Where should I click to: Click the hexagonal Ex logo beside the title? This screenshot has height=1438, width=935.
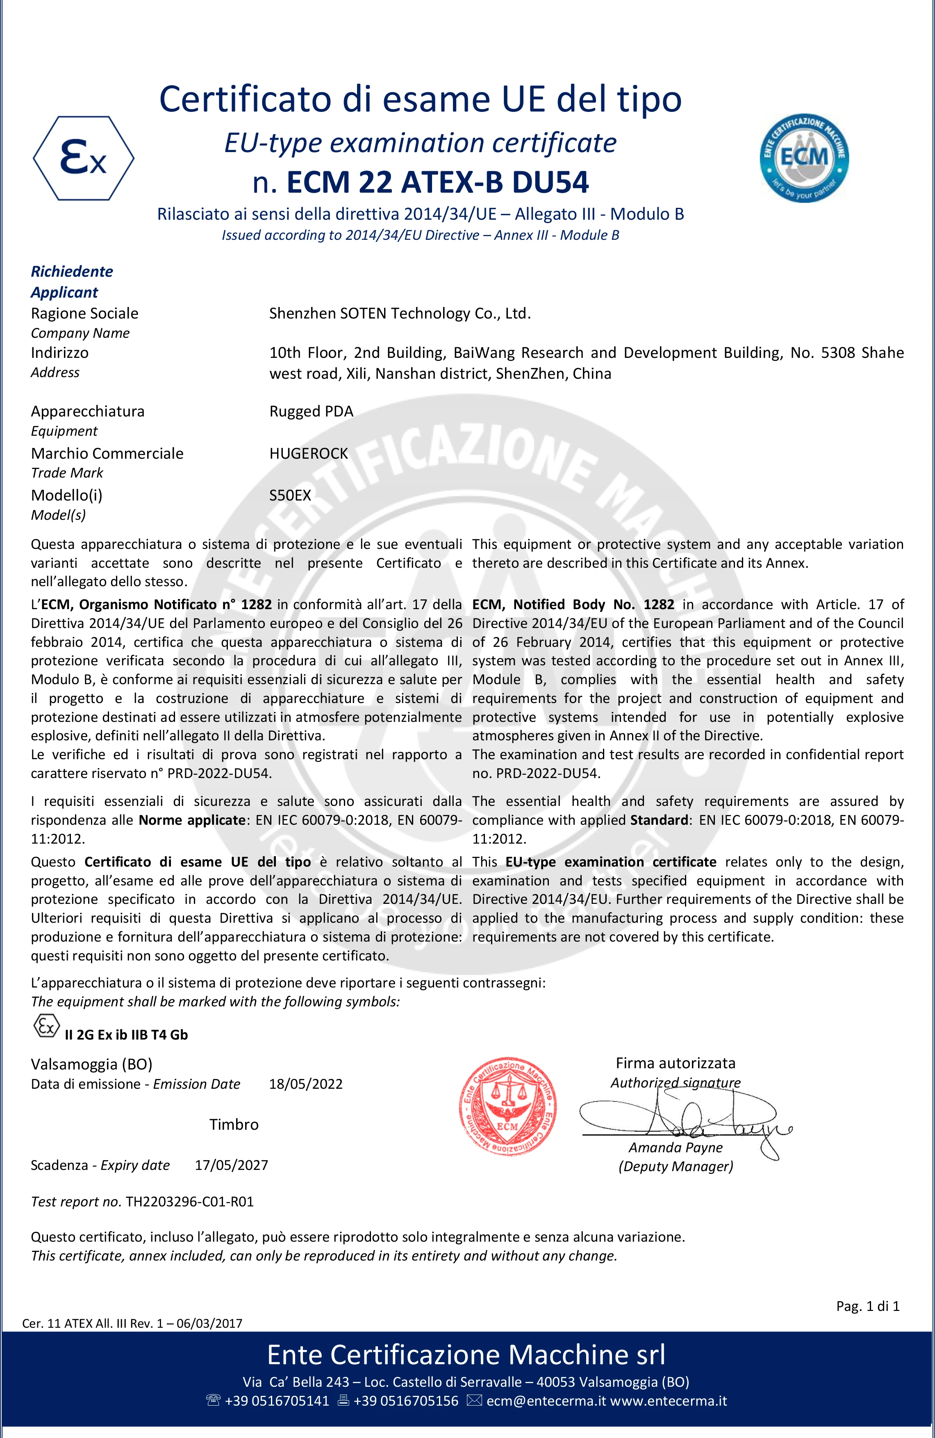point(83,158)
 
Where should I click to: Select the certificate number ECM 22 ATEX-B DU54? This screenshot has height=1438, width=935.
point(437,182)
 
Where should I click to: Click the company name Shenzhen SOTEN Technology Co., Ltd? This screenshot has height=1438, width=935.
point(400,314)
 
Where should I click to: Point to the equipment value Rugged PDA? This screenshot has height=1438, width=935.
point(311,412)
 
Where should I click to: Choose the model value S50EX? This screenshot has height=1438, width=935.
point(290,496)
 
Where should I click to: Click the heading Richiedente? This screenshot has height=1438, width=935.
point(72,271)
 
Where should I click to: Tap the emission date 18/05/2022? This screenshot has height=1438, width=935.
point(306,1084)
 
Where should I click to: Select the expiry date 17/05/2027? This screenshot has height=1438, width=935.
point(231,1165)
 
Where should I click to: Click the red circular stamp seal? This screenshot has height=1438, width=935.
point(507,1107)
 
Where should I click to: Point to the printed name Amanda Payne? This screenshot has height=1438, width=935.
point(675,1147)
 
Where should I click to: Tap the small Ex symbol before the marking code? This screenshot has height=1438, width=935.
point(46,1026)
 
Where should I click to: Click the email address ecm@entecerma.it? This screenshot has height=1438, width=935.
point(546,1401)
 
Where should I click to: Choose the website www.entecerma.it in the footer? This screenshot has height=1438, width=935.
point(668,1401)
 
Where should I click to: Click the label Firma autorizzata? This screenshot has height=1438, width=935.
point(675,1063)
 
